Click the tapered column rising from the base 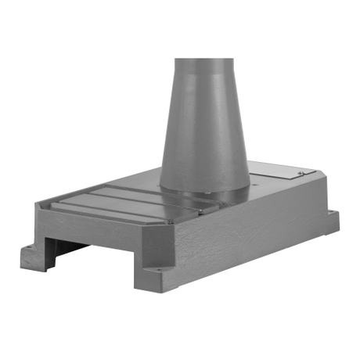[204, 117]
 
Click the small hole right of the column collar [254, 185]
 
